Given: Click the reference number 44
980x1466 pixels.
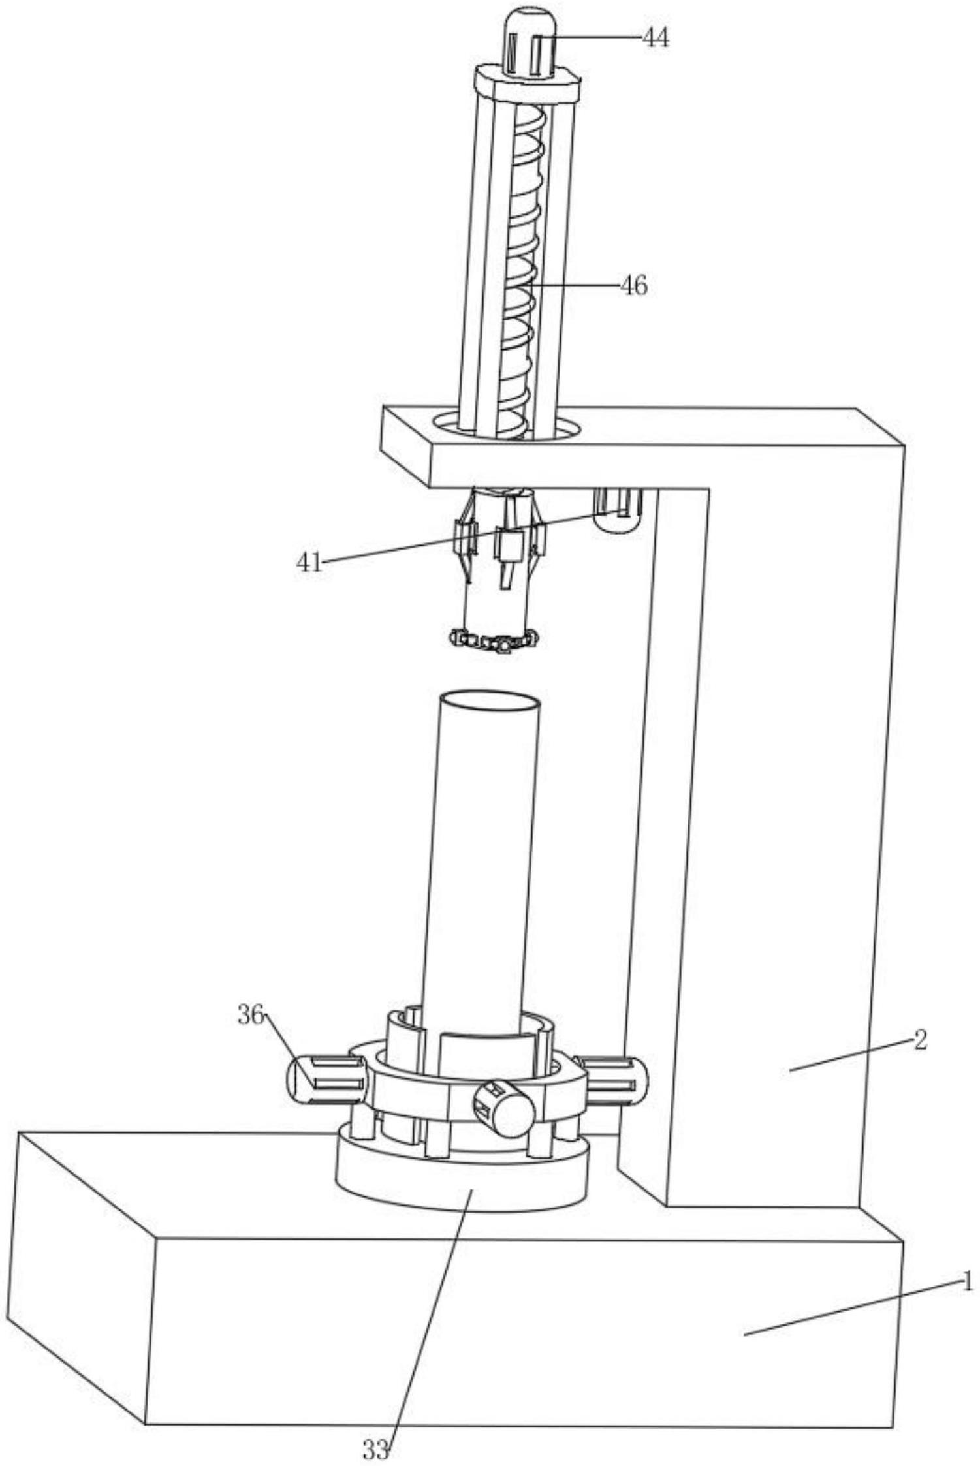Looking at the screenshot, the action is click(656, 39).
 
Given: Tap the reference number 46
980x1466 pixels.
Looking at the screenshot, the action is click(633, 285).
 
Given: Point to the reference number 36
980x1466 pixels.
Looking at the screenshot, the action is click(251, 1015).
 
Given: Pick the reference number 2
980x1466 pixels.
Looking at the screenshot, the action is click(920, 1040).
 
